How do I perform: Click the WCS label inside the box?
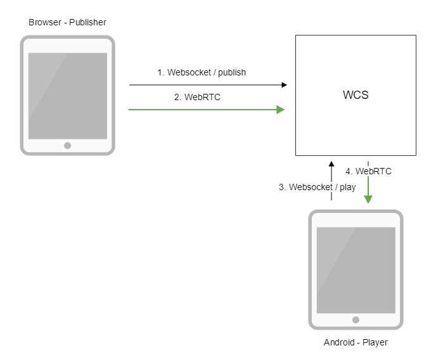[356, 96]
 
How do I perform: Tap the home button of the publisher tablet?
[68, 145]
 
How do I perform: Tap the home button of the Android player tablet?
[356, 320]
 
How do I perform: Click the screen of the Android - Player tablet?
[356, 269]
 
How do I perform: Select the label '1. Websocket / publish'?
[202, 72]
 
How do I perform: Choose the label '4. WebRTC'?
[368, 171]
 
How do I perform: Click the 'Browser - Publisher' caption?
[67, 23]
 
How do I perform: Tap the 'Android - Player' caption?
[356, 343]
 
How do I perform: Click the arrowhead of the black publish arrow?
[283, 84]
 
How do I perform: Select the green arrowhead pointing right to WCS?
[280, 110]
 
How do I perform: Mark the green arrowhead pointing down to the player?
[368, 199]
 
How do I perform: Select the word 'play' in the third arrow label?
[347, 187]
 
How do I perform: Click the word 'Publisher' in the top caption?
[87, 23]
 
